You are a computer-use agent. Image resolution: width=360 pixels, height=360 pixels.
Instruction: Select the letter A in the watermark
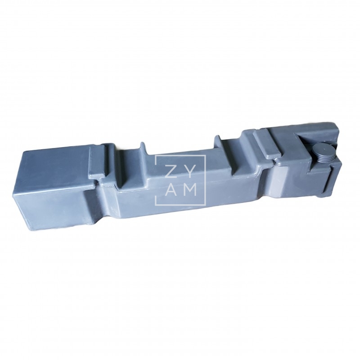[170, 190]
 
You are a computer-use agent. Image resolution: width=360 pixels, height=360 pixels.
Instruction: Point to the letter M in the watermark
[190, 190]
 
